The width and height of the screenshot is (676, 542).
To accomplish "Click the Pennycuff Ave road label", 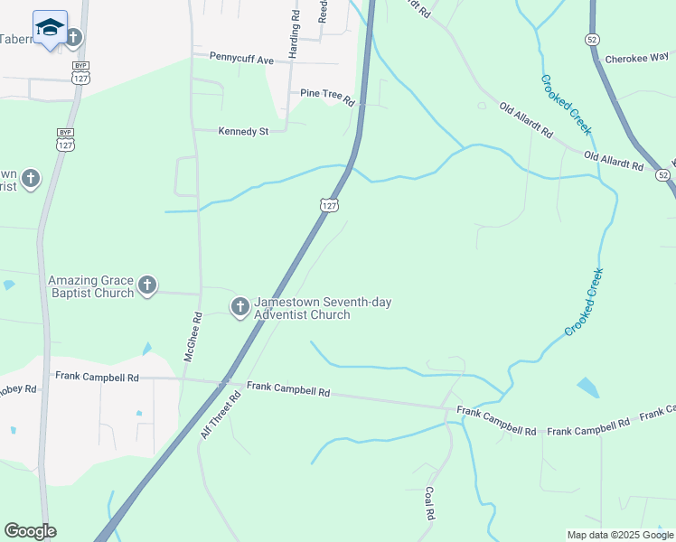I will [241, 59].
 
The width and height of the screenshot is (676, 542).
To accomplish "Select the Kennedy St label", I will [244, 131].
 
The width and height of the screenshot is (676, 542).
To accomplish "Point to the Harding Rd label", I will [294, 34].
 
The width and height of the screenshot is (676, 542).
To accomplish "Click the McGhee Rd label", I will [191, 337].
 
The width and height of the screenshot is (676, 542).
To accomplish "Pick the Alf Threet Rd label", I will [221, 416].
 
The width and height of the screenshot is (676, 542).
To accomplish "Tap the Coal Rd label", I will [429, 504].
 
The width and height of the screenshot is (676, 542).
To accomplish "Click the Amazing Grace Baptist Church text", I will [90, 286].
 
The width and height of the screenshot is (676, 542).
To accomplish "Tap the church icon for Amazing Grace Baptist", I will [146, 286].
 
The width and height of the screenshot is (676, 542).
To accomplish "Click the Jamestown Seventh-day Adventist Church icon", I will [239, 307].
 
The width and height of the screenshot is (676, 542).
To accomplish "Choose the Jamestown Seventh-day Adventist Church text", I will [323, 308].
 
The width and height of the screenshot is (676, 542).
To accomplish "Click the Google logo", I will [30, 531].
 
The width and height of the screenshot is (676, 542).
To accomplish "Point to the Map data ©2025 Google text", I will [620, 535].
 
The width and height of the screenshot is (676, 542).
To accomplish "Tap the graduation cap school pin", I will [50, 28].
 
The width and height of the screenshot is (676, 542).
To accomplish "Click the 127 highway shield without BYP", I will [329, 205].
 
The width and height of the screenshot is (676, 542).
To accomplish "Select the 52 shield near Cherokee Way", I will [591, 39].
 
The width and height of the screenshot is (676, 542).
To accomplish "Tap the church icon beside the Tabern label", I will [73, 37].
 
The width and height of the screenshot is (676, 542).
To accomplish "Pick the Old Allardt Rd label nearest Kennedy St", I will [526, 119].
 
